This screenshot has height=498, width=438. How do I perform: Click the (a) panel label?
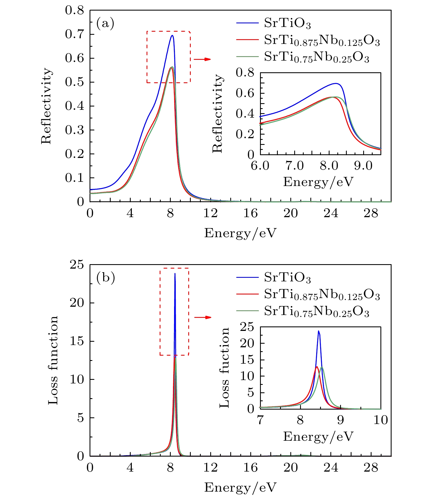click(105, 23)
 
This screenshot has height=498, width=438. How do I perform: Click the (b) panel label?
click(105, 278)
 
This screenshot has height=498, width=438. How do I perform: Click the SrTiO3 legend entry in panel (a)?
click(287, 23)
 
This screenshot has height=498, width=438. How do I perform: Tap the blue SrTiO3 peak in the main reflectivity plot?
click(172, 36)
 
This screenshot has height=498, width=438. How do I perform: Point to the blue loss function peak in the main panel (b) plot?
click(175, 274)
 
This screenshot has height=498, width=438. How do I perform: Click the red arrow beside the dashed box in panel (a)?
click(202, 59)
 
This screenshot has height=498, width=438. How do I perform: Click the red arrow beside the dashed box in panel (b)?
click(202, 317)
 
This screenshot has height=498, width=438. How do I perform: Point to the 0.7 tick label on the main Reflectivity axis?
click(74, 34)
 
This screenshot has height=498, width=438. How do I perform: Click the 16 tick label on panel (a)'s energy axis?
click(251, 213)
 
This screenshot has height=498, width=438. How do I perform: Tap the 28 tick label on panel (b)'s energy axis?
click(371, 468)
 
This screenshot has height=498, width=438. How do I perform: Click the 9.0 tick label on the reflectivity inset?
click(363, 166)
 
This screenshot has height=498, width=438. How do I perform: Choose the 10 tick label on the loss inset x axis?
click(380, 420)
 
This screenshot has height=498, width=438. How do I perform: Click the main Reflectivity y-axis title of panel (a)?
click(46, 106)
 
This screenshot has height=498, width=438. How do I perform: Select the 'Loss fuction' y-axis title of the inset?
click(224, 368)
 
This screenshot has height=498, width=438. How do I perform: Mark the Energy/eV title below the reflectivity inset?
click(318, 182)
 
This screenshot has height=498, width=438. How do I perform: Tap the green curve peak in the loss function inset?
click(322, 367)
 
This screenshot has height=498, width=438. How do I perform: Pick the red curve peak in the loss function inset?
click(316, 367)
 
